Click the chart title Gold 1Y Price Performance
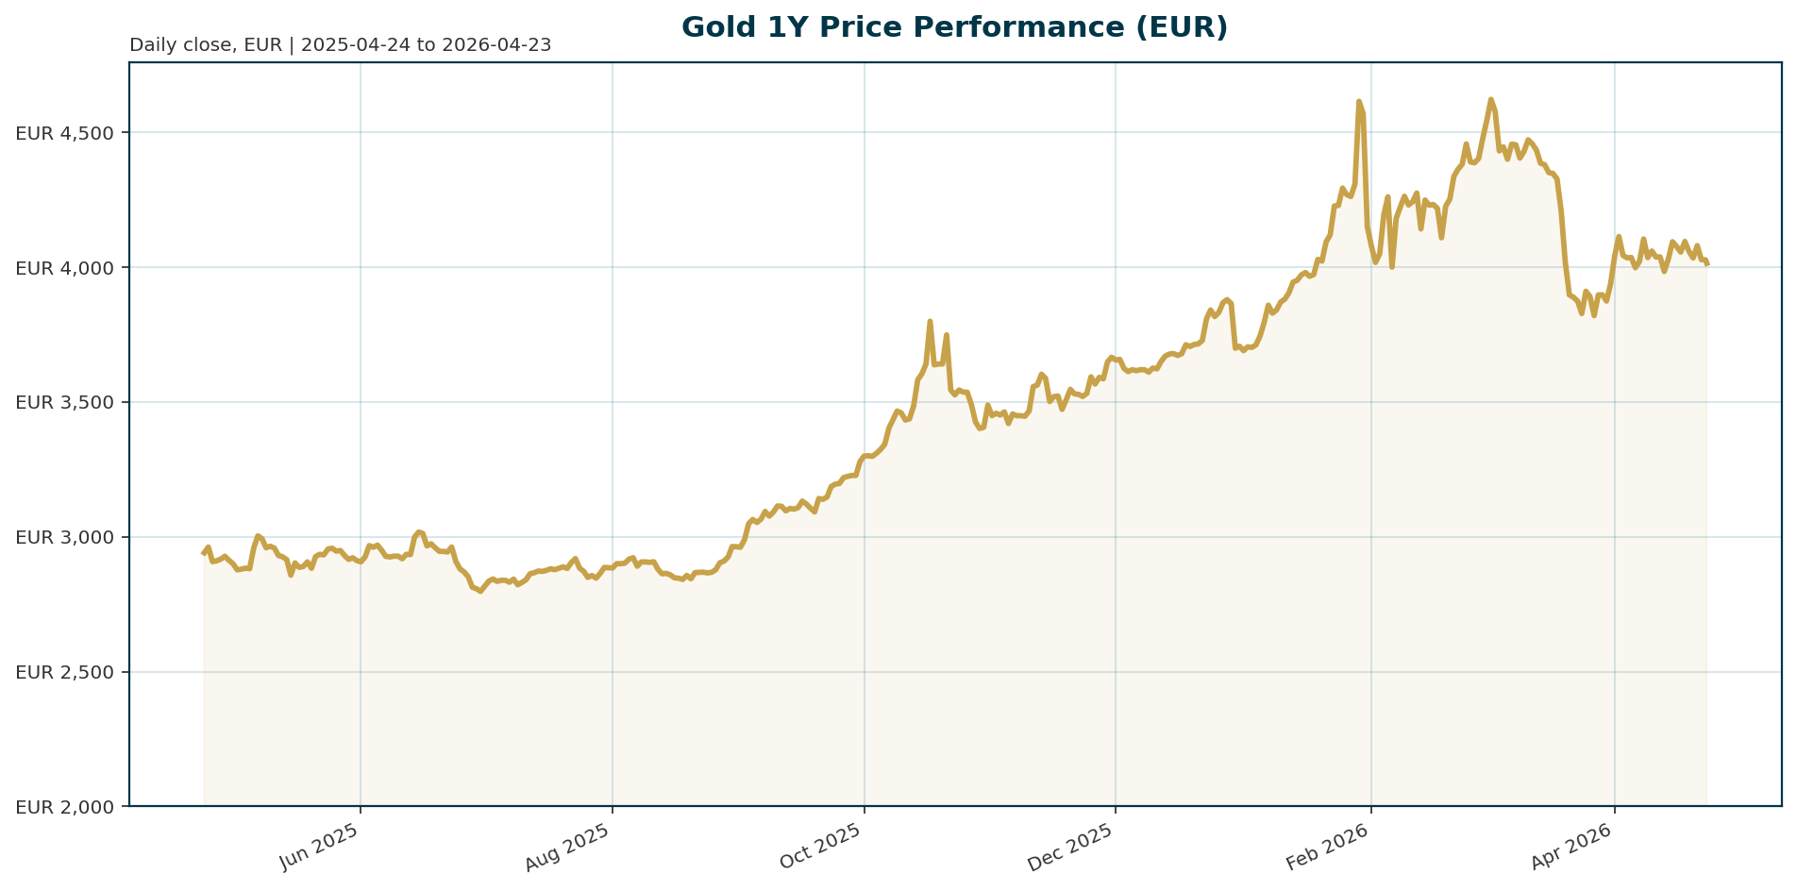pos(954,27)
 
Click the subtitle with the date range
pos(340,45)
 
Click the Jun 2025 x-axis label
pos(321,846)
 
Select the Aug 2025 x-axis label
pos(570,846)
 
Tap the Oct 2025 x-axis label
pos(822,846)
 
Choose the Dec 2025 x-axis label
pos(1071,846)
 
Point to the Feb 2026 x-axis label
pos(1329,846)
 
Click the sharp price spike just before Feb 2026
pos(1358,101)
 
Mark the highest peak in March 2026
pos(1490,99)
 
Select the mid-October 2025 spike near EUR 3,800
pos(930,321)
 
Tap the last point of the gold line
pos(1706,264)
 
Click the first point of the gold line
pos(204,553)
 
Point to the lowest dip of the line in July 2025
pos(480,592)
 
